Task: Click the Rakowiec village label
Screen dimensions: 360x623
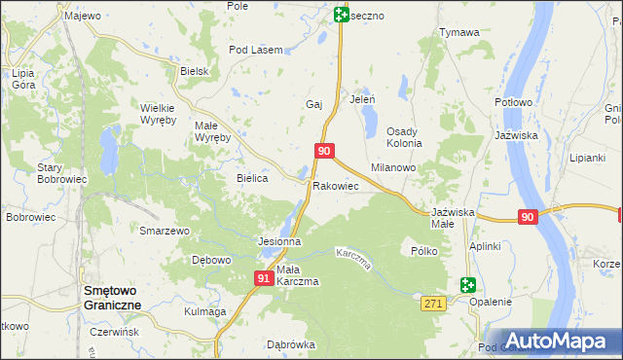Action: pyautogui.click(x=336, y=185)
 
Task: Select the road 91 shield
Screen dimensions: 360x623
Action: pyautogui.click(x=264, y=278)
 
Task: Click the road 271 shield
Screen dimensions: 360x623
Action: pyautogui.click(x=434, y=305)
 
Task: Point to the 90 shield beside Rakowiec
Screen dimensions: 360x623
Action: pyautogui.click(x=325, y=151)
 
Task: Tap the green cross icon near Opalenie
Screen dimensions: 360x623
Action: pyautogui.click(x=468, y=285)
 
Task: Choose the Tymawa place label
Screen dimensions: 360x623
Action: pyautogui.click(x=458, y=32)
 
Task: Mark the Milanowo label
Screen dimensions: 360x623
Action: pyautogui.click(x=393, y=167)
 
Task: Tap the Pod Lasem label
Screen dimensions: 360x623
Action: pyautogui.click(x=255, y=50)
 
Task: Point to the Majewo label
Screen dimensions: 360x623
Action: pyautogui.click(x=82, y=16)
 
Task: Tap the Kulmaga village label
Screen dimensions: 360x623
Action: pyautogui.click(x=204, y=311)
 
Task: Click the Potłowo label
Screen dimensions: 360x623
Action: pyautogui.click(x=513, y=102)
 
